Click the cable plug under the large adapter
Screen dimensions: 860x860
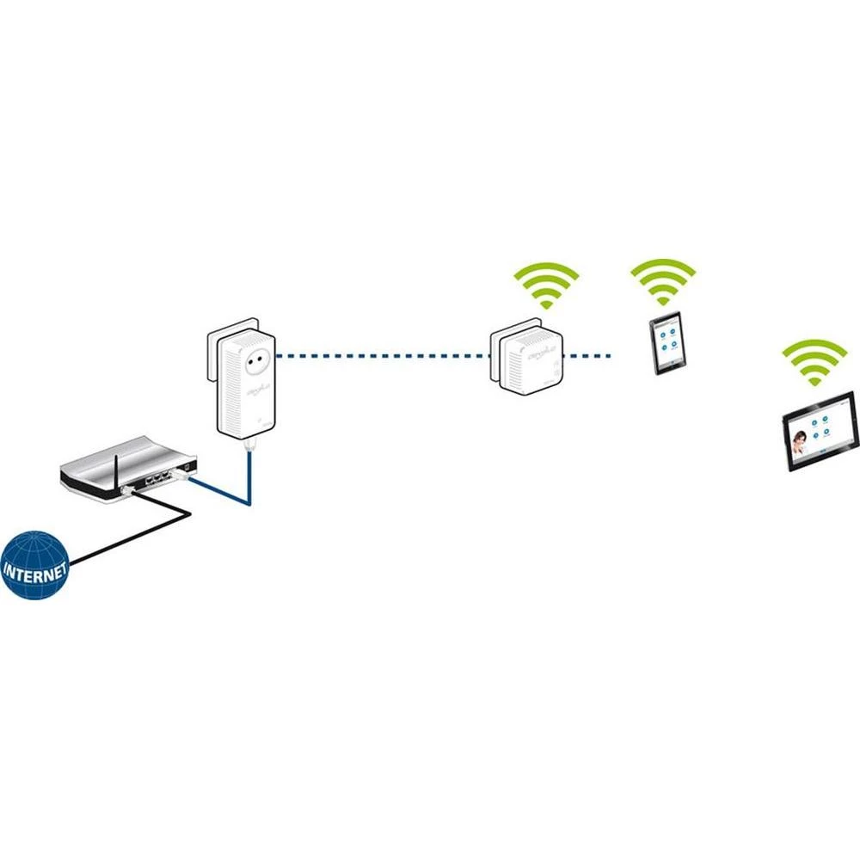point(249,445)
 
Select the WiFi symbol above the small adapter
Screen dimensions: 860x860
point(545,285)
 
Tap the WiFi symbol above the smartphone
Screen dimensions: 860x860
point(662,280)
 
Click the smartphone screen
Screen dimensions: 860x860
point(666,341)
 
